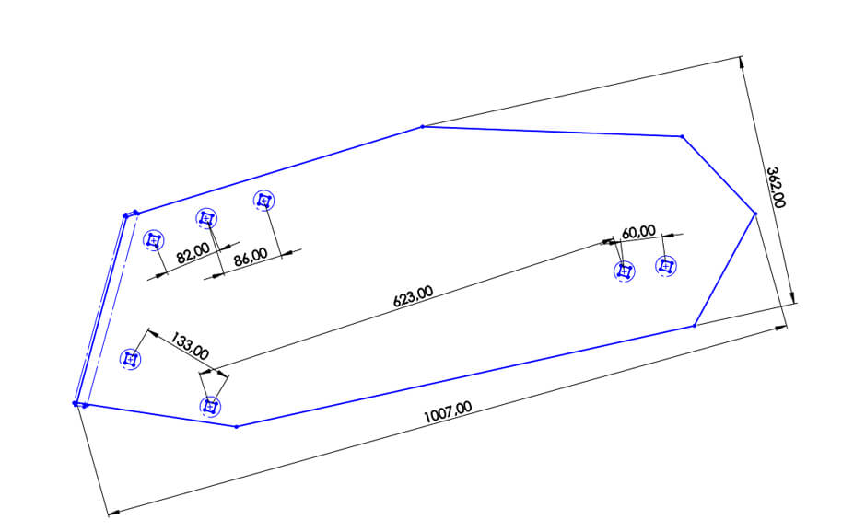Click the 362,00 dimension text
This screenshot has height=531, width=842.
click(776, 187)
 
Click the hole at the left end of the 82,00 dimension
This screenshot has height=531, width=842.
click(154, 240)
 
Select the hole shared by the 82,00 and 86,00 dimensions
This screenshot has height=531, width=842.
click(207, 218)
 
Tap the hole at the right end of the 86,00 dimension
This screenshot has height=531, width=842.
click(264, 200)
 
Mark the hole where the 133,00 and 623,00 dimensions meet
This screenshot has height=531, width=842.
click(211, 405)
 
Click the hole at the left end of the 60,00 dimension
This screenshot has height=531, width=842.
click(626, 271)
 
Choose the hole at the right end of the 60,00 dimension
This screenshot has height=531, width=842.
click(666, 266)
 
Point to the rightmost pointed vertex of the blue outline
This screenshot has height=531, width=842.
click(755, 214)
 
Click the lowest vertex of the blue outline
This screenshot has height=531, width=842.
click(237, 426)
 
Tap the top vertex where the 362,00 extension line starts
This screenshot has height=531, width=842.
click(422, 126)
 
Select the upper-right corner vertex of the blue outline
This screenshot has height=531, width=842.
click(682, 136)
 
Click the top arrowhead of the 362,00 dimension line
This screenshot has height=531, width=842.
click(741, 61)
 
